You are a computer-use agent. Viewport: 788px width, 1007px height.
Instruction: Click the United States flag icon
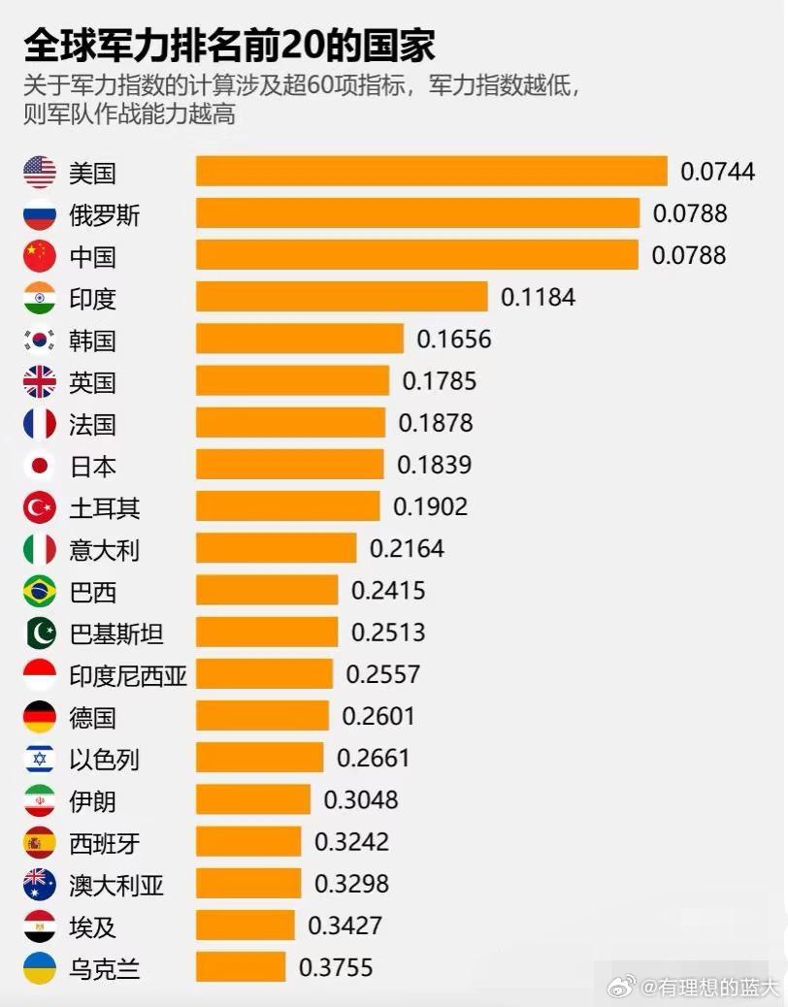[x=40, y=173]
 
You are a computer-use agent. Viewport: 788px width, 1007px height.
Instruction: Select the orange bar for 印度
[x=342, y=297]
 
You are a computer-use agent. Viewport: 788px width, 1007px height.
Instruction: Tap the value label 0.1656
[x=454, y=340]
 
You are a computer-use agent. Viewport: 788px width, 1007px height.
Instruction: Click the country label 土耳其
[x=105, y=507]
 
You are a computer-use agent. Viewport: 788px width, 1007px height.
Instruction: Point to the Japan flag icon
[x=40, y=466]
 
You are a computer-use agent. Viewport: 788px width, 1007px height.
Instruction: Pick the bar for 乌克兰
[x=241, y=967]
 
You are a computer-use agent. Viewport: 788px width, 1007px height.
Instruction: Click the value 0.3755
[x=336, y=967]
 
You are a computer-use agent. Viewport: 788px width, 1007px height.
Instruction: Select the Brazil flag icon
[x=40, y=591]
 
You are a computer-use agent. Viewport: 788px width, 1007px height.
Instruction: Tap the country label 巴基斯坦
[x=116, y=633]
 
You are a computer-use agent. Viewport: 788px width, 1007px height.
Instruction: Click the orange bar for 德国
[x=262, y=716]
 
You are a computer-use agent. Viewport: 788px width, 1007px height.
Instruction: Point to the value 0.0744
[x=717, y=172]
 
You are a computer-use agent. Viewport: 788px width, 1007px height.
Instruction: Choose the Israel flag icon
[x=40, y=758]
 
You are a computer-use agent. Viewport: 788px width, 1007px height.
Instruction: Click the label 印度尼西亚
[x=128, y=675]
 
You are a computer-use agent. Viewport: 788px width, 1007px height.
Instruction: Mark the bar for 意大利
[x=276, y=548]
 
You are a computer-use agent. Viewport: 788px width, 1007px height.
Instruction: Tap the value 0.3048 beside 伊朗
[x=361, y=799]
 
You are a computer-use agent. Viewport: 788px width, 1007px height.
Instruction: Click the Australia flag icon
[x=40, y=884]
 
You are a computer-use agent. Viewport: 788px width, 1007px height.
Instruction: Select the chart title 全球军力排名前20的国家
[x=229, y=45]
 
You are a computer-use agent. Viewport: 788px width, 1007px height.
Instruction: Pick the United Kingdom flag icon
[x=40, y=382]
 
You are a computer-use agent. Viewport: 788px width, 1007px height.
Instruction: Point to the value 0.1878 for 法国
[x=436, y=423]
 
